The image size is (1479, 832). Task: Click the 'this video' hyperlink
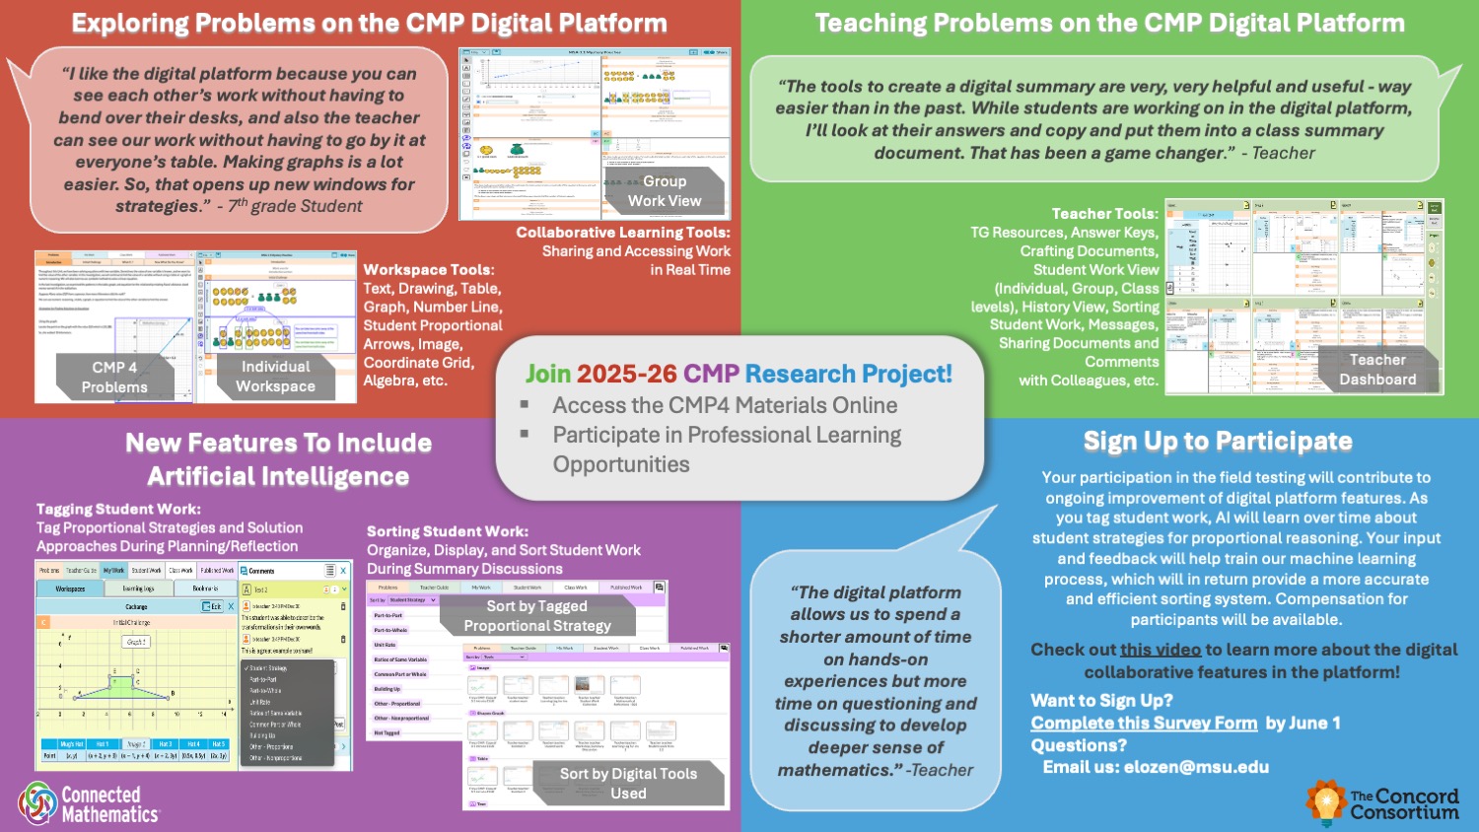[x=1160, y=650]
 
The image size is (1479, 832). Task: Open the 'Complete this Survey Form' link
[x=1144, y=723]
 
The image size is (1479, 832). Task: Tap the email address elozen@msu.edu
[x=1196, y=767]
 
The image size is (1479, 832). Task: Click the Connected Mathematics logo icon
[x=37, y=803]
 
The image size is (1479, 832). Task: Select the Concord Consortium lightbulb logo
[x=1325, y=801]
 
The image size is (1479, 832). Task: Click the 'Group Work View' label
[x=665, y=191]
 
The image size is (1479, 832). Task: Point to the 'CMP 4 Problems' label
[x=114, y=378]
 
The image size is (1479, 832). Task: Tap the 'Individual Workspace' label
[x=276, y=377]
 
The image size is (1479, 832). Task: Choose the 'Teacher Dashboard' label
[x=1377, y=370]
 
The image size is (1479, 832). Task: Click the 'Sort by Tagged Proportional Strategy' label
[x=537, y=616]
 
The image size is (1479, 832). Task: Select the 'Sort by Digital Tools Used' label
[x=628, y=784]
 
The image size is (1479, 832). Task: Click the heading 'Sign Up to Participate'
[x=1218, y=441]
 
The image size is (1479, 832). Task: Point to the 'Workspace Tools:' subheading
[x=429, y=269]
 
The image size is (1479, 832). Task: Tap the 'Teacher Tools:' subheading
[x=1104, y=213]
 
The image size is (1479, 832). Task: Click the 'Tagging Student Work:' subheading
[x=118, y=509]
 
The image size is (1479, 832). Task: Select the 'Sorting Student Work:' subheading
[x=448, y=531]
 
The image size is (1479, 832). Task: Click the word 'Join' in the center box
[x=547, y=374]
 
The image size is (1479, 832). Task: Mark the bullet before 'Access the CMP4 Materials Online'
[x=525, y=405]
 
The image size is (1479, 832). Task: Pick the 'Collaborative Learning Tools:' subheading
[x=623, y=233]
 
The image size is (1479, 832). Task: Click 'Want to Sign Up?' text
[x=1101, y=700]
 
